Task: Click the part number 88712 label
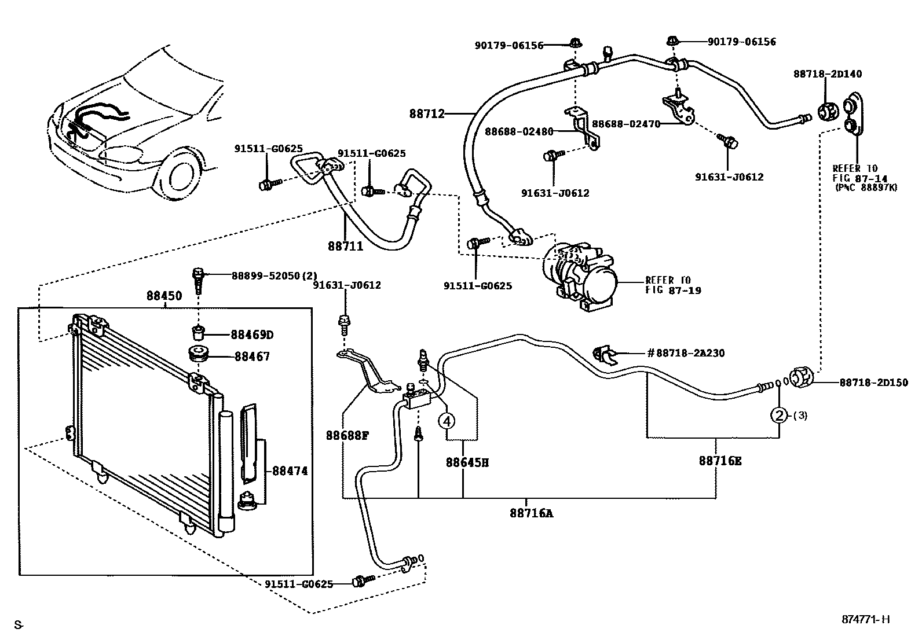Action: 427,114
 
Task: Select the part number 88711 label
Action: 345,246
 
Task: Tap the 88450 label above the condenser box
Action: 164,296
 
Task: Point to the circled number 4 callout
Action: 447,421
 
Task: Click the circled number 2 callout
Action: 779,415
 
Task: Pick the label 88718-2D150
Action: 873,383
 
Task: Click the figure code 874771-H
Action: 865,620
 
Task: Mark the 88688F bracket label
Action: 347,435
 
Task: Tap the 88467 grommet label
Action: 252,356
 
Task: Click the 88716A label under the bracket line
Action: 531,512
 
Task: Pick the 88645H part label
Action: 467,462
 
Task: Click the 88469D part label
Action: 251,334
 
